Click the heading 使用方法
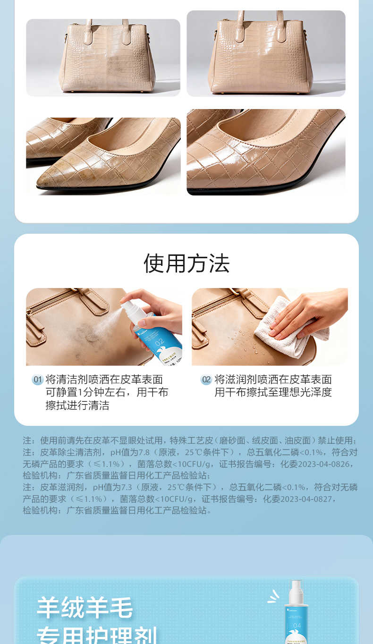186,263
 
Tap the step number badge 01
38,380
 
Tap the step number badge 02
206,380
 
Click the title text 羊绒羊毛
85,608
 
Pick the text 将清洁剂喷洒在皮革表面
104,380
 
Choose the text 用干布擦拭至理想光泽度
273,392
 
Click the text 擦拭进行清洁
77,406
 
